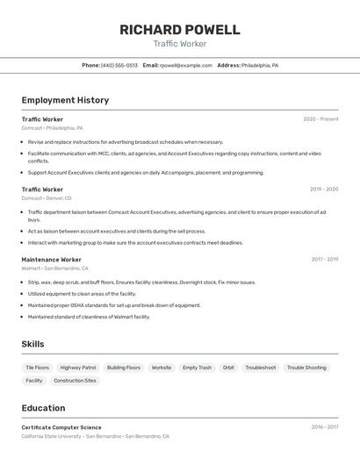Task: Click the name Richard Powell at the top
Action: coord(180,30)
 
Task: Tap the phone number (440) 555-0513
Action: coord(119,65)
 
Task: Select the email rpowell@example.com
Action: coord(186,65)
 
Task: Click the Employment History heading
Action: coord(65,100)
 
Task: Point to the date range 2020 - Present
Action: coord(320,118)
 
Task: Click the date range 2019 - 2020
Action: coord(324,189)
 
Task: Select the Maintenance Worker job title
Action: coord(51,260)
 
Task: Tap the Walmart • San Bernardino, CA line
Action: coord(54,268)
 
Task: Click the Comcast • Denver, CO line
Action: coord(47,198)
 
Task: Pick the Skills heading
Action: coord(33,345)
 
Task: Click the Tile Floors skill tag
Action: coord(38,368)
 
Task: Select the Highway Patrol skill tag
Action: coord(78,368)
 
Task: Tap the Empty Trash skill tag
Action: coord(197,368)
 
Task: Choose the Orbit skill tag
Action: coord(228,368)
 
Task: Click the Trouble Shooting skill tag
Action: coord(306,368)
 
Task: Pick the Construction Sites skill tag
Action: coord(75,381)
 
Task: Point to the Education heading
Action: coord(43,408)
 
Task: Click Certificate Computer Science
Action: coord(61,427)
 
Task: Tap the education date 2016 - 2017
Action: coord(324,427)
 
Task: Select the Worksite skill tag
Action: coord(162,368)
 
